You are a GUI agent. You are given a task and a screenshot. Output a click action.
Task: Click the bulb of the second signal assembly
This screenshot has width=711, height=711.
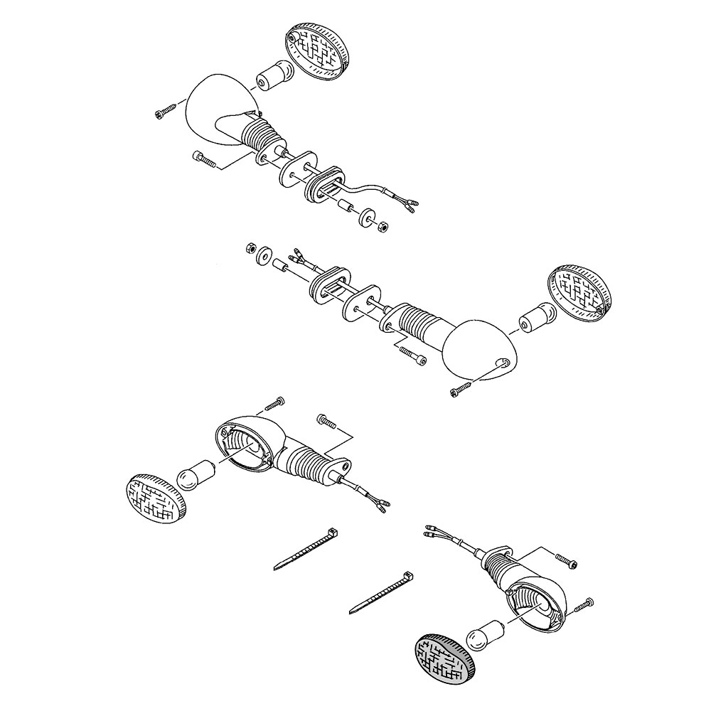(x=536, y=319)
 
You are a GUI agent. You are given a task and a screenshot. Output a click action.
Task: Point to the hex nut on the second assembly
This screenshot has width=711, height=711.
(x=250, y=247)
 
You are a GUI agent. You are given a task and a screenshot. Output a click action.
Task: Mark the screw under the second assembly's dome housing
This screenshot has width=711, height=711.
(x=461, y=387)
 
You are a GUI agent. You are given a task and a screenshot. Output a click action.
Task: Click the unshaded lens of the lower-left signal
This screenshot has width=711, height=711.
(x=156, y=499)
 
